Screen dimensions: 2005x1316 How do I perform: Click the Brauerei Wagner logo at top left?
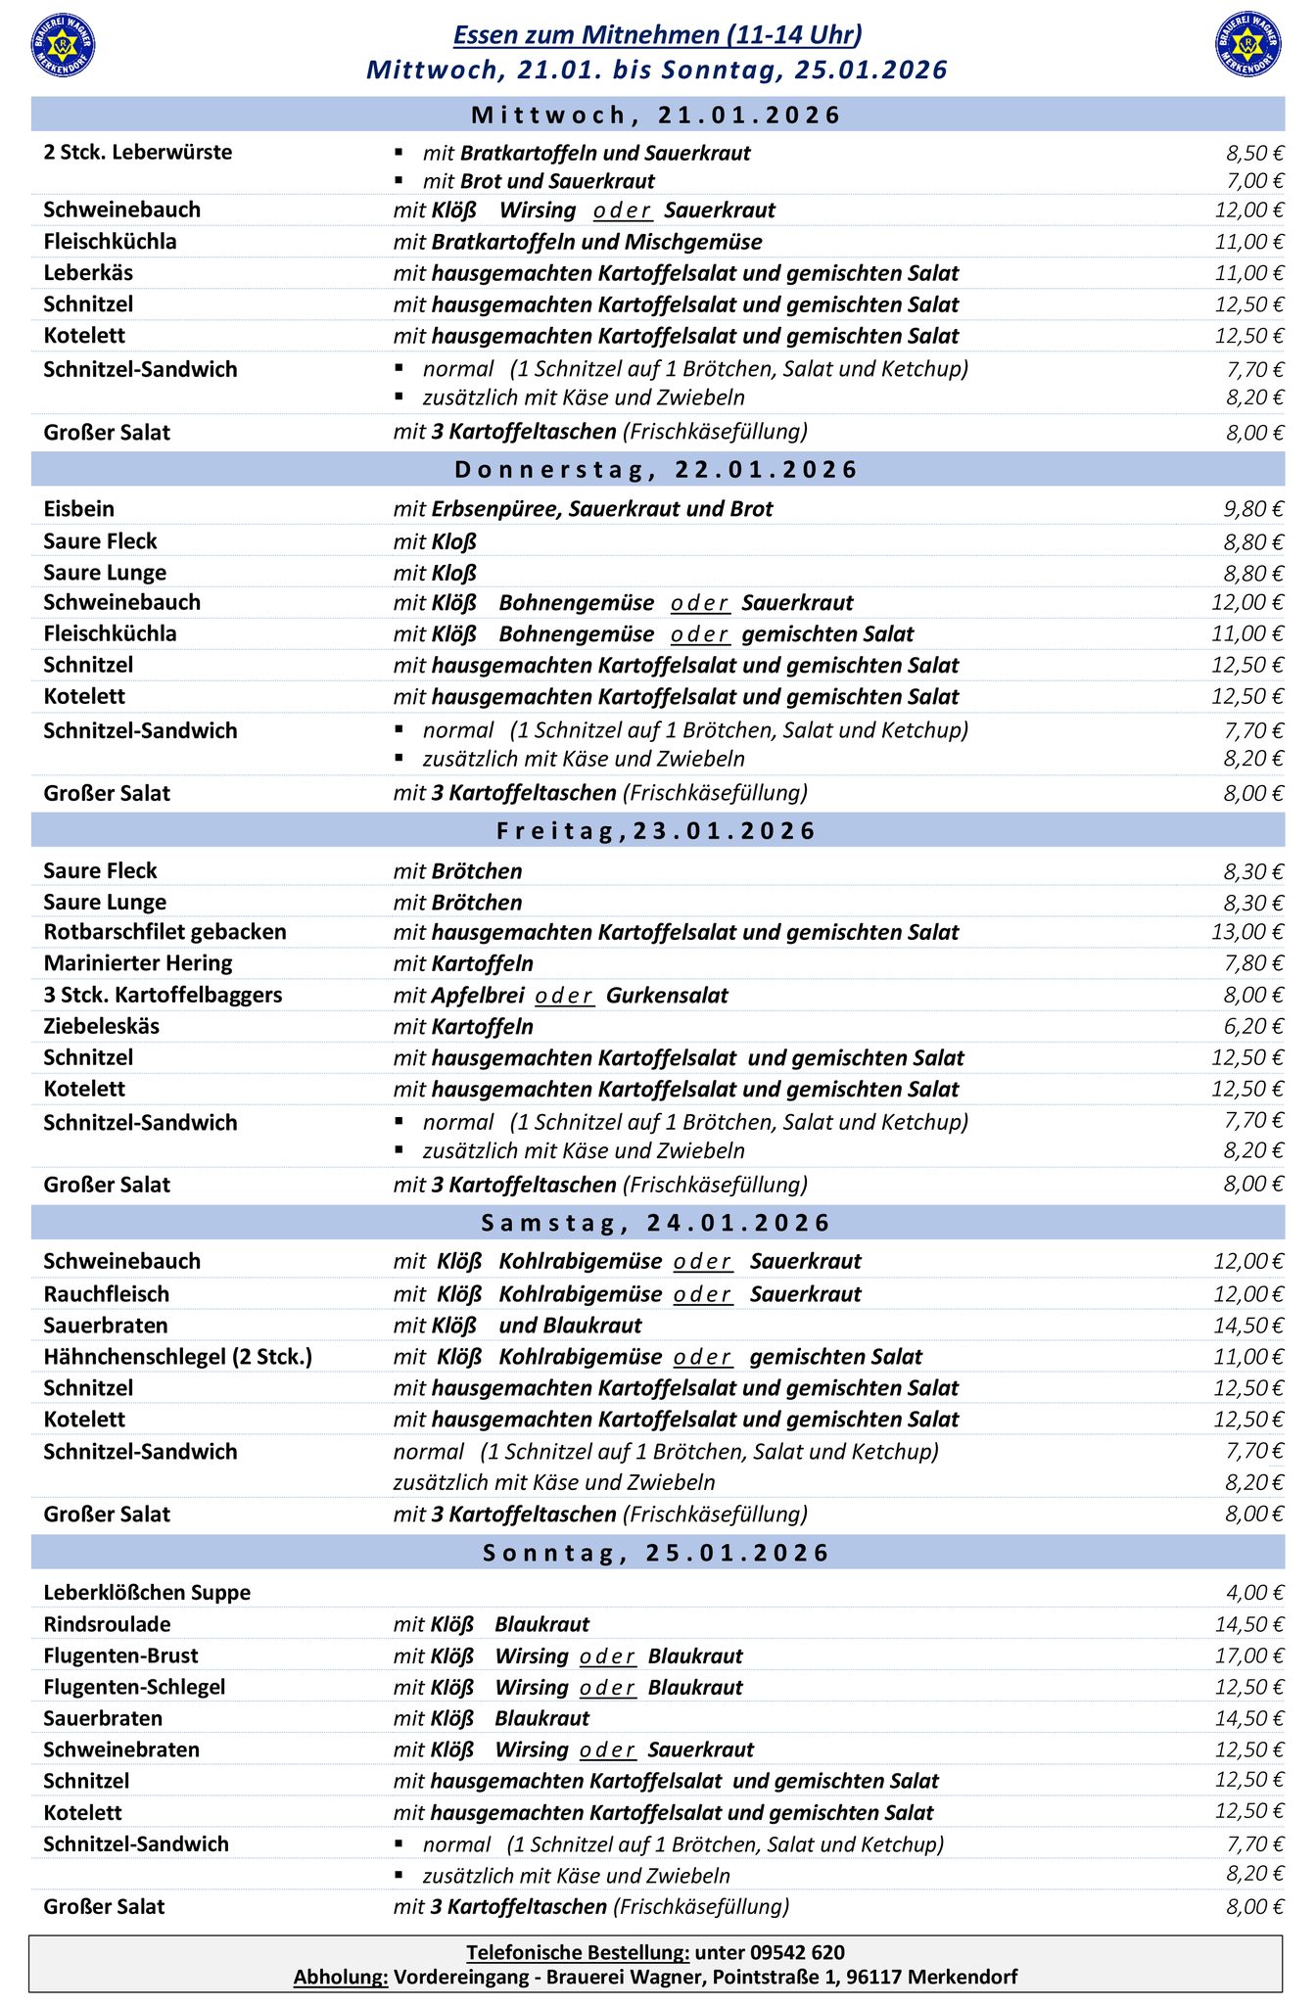coord(64,45)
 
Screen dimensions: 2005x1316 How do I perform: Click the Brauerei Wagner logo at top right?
coord(1247,45)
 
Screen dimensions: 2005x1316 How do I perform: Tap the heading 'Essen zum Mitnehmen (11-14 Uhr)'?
coord(657,36)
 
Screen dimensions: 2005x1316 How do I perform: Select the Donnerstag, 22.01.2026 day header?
coord(657,470)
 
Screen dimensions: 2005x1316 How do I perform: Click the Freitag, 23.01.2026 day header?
coord(657,831)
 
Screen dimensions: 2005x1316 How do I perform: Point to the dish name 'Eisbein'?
coord(79,509)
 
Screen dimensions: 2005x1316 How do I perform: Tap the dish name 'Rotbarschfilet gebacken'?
coord(164,932)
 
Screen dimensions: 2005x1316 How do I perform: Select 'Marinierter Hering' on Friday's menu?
coord(138,963)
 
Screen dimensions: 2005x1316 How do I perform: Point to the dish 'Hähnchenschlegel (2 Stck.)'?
coord(177,1357)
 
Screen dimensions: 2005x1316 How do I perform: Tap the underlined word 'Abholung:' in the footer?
coord(341,1978)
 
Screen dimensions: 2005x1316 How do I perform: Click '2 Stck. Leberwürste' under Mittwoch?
coord(138,153)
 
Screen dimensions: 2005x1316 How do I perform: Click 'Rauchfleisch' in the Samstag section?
coord(107,1294)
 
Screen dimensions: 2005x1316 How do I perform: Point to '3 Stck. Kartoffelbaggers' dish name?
coord(163,995)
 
